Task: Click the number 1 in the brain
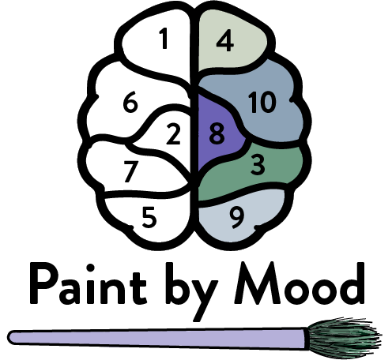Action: click(x=164, y=39)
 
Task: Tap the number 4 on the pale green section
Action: click(x=225, y=40)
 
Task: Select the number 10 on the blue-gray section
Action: click(x=262, y=102)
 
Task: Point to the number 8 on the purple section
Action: click(x=217, y=133)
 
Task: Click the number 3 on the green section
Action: click(x=258, y=165)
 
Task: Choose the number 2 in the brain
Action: click(x=173, y=134)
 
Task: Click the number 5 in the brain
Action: click(x=149, y=218)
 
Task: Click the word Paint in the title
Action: click(x=88, y=283)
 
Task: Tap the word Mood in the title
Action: click(x=300, y=283)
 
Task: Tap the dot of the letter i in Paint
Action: click(x=90, y=268)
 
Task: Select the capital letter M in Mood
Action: click(x=257, y=283)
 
